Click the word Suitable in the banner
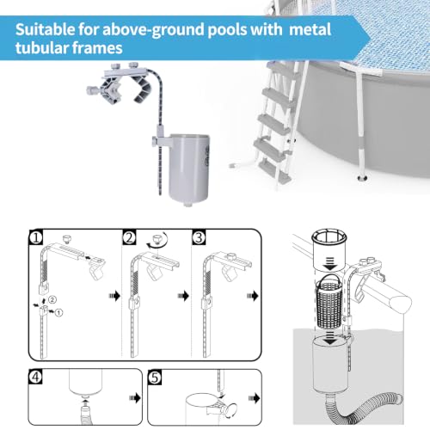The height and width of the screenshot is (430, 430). tap(45, 29)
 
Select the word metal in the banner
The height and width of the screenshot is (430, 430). tap(310, 29)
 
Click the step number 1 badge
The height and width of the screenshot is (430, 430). tap(36, 237)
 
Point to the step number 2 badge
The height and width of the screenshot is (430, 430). tap(129, 237)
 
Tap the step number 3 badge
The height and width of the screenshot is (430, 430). tap(199, 237)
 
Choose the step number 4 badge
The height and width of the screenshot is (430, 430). tap(35, 377)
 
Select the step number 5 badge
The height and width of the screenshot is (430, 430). tap(155, 377)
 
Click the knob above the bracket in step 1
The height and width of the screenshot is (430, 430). tap(68, 238)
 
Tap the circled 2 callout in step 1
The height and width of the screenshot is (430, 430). tap(52, 300)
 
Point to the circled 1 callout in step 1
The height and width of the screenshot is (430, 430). tap(58, 312)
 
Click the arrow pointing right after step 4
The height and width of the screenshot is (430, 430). tap(135, 398)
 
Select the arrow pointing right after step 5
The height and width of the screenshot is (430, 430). tap(255, 398)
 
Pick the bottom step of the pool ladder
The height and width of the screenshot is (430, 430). tap(274, 171)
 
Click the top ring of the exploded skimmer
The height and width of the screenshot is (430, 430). tap(329, 236)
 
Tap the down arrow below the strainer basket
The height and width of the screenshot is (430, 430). tap(330, 339)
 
